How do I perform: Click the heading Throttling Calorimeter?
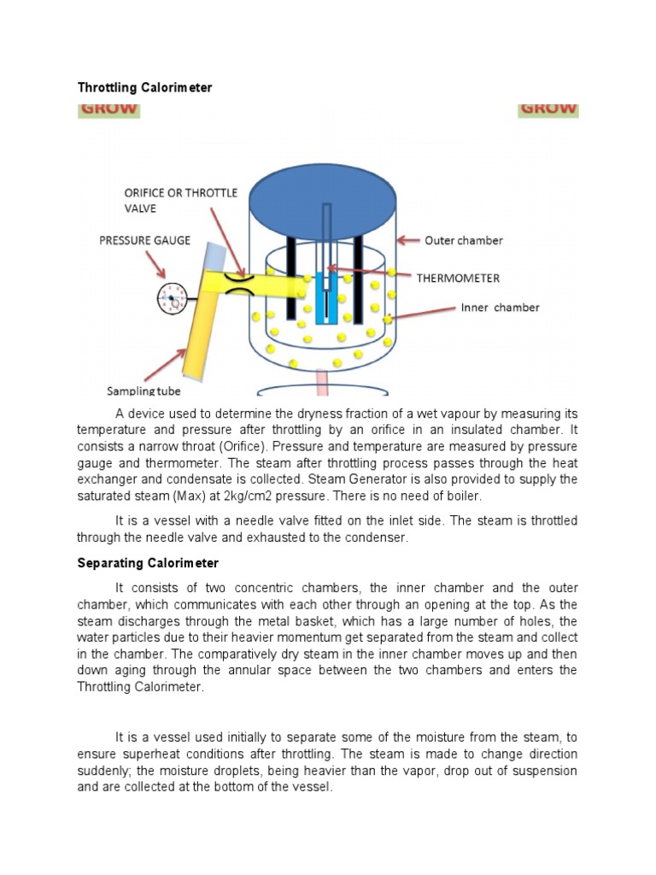coord(145,88)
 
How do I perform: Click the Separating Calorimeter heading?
coord(148,563)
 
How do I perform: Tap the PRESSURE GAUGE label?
coord(145,241)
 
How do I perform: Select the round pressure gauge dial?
coord(173,297)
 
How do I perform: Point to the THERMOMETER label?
coord(458,278)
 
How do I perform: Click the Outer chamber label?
coord(464,240)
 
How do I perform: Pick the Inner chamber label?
coord(500,308)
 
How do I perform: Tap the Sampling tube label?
coord(143,391)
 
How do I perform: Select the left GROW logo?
coord(108,110)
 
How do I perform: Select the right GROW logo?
coord(548,110)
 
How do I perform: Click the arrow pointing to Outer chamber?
coord(409,240)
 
